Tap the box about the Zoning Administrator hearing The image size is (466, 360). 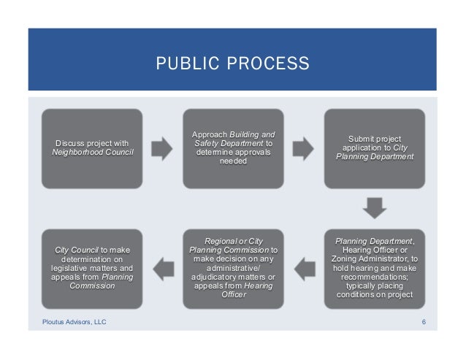pos(374,268)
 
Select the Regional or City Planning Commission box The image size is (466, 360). pos(233,268)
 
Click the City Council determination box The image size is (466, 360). pos(92,268)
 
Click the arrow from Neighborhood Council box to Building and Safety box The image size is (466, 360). pos(162,149)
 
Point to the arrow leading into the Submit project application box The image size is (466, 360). pos(304,149)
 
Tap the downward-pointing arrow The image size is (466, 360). pos(374,207)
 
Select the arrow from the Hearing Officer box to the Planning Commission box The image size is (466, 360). pos(303,269)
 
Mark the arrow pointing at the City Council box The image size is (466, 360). pos(162,269)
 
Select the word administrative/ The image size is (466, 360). pos(233,268)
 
